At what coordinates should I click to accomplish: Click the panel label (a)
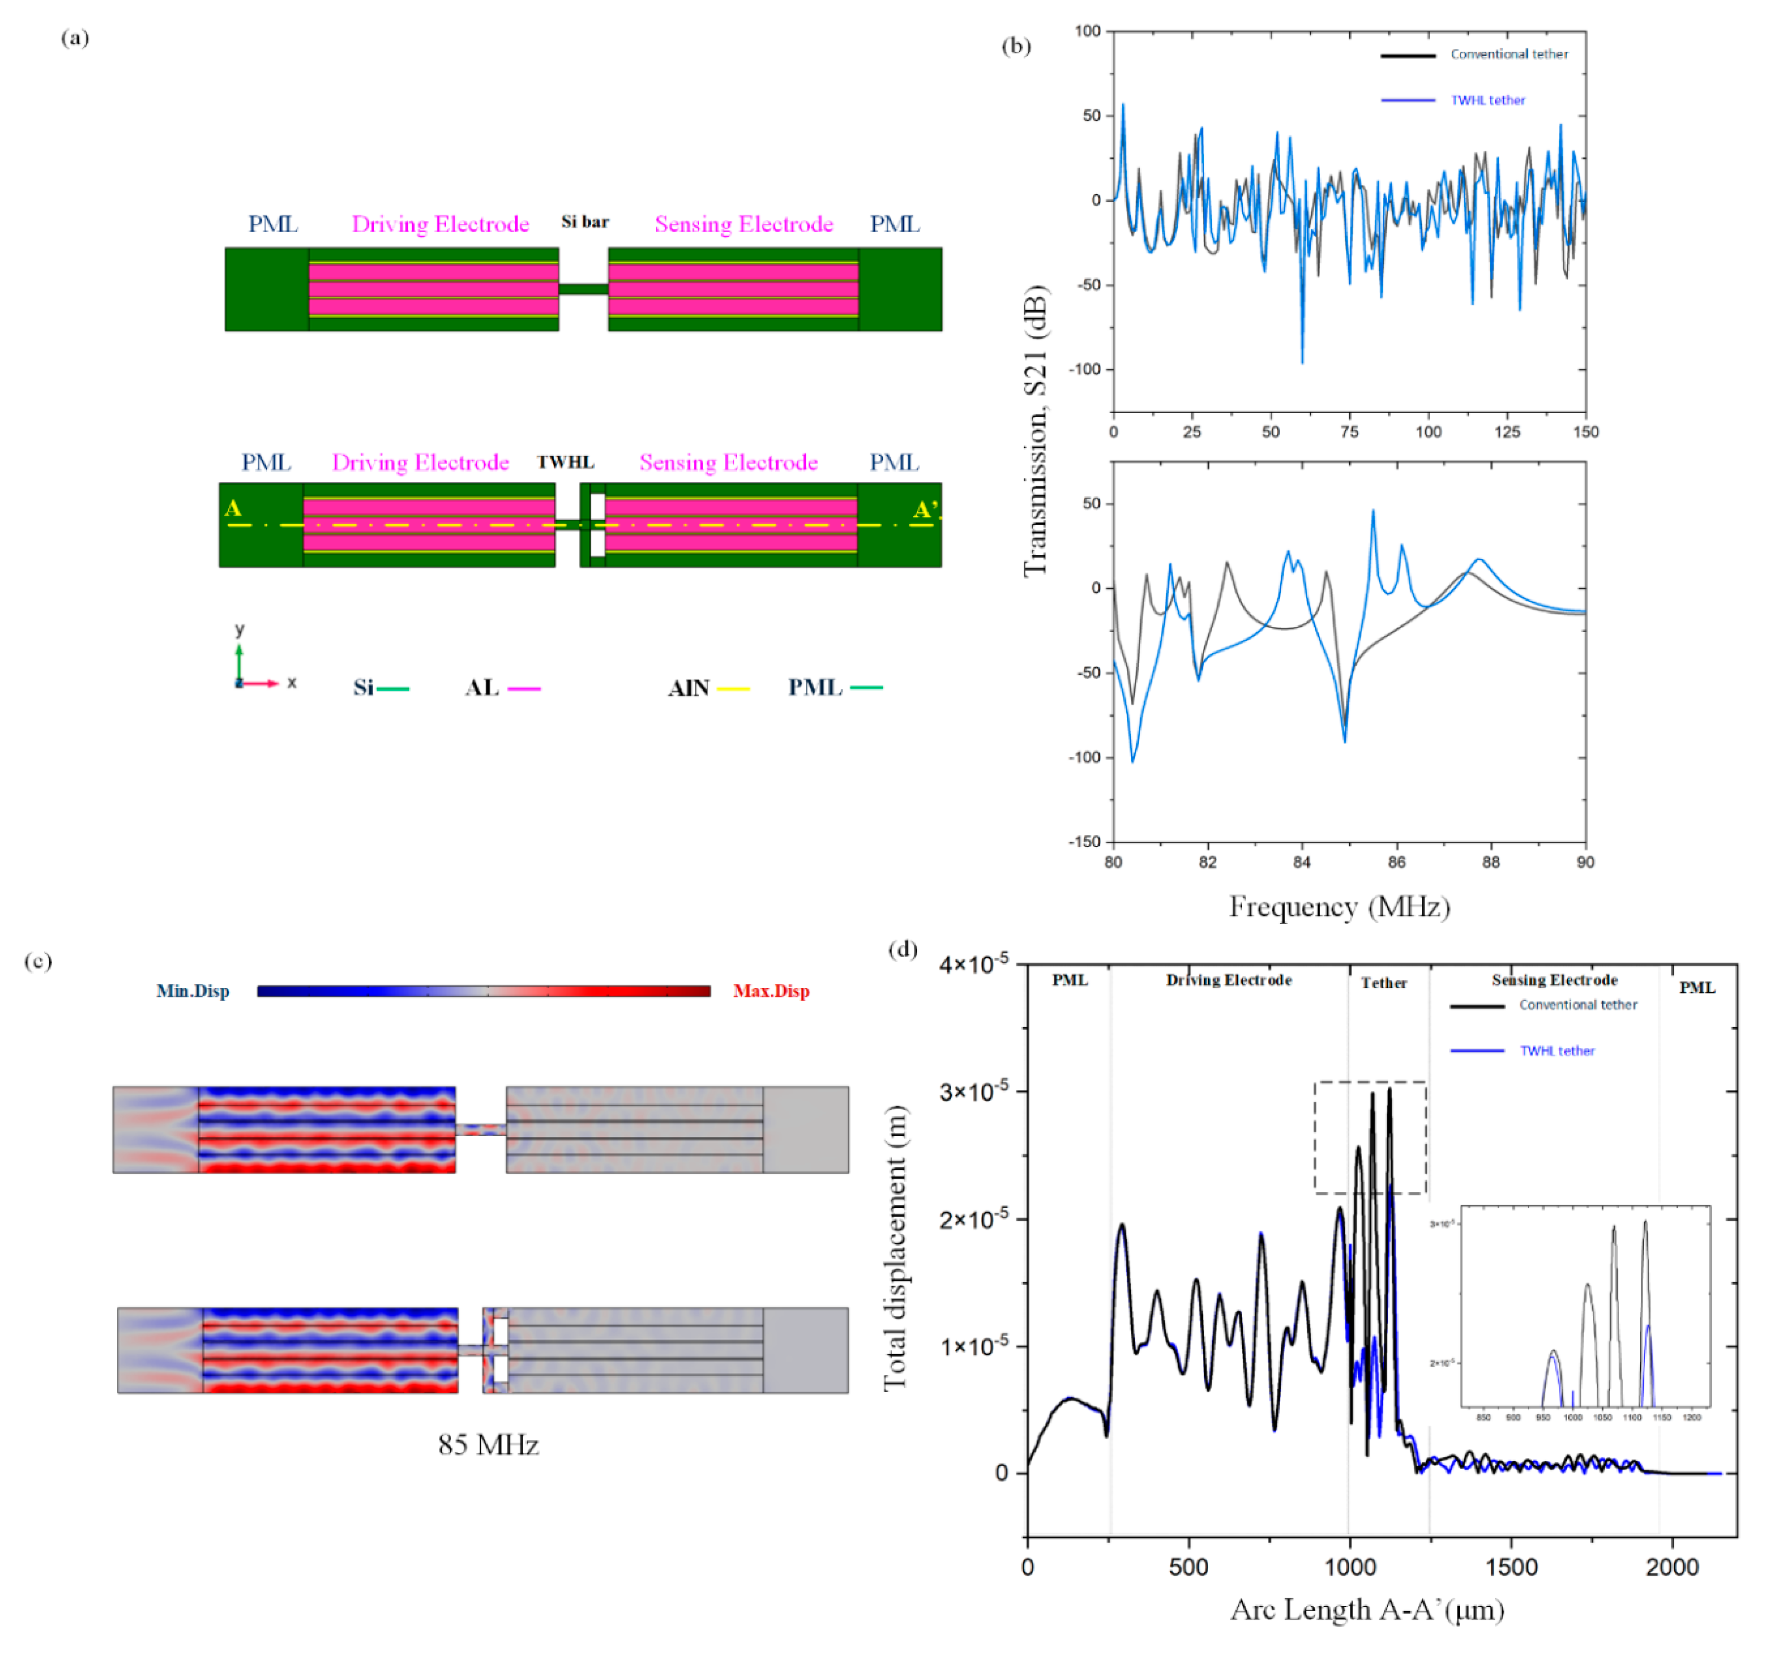(75, 38)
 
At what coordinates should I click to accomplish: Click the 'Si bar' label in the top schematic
(585, 221)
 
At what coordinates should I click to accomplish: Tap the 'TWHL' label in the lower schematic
(565, 462)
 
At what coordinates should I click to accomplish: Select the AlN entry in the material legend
(689, 688)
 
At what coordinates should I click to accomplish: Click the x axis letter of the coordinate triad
(292, 683)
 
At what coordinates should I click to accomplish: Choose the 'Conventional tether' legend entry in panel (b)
(1509, 54)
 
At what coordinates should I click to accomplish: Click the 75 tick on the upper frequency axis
(1349, 431)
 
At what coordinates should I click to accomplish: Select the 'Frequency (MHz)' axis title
(1339, 906)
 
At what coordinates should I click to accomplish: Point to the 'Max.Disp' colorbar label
(770, 991)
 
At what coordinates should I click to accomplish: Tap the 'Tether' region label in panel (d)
(1384, 983)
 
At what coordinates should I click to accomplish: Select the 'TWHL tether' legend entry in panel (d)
(1556, 1051)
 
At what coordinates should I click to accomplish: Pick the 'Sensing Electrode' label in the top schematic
(744, 224)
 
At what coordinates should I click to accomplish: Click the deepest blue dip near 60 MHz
(1302, 361)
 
